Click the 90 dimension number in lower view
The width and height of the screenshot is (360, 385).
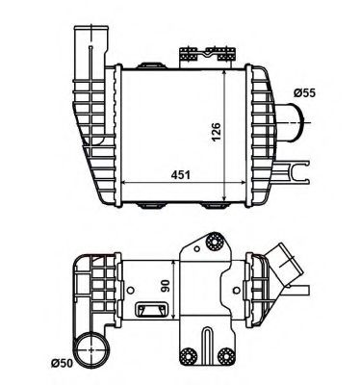tap(167, 287)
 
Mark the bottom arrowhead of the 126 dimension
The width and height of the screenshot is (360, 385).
tap(228, 199)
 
